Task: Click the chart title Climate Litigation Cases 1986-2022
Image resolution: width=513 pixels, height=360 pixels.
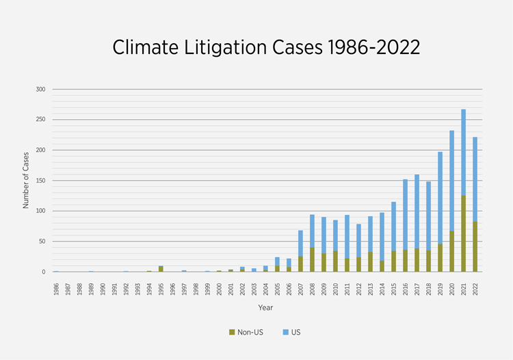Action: pyautogui.click(x=266, y=47)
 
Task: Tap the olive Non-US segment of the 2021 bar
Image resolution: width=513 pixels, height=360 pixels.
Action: pyautogui.click(x=463, y=233)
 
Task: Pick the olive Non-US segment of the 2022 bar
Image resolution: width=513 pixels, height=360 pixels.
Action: pyautogui.click(x=475, y=246)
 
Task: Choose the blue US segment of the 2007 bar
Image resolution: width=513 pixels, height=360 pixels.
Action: pyautogui.click(x=300, y=243)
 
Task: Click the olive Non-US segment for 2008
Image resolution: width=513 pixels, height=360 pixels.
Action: pyautogui.click(x=312, y=259)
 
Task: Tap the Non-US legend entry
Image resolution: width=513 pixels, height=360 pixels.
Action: pyautogui.click(x=245, y=332)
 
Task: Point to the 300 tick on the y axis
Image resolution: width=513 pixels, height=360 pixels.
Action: pyautogui.click(x=40, y=89)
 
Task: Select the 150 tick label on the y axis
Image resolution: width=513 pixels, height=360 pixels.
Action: pyautogui.click(x=40, y=181)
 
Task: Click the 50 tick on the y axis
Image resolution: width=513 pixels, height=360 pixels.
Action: pyautogui.click(x=42, y=242)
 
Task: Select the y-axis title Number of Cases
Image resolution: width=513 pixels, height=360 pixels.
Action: pyautogui.click(x=25, y=181)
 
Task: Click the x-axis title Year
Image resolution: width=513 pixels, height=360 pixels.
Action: pyautogui.click(x=265, y=307)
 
